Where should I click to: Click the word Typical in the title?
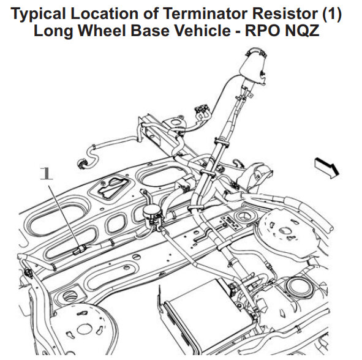38,14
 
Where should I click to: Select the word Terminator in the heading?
205,13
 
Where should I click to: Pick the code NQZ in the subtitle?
303,31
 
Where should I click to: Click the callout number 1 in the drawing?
46,173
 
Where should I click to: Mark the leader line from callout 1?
64,217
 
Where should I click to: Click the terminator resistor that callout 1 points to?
80,250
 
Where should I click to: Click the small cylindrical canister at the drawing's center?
150,214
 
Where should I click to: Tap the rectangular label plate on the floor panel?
232,223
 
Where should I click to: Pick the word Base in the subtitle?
149,31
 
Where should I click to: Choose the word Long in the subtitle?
53,31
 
